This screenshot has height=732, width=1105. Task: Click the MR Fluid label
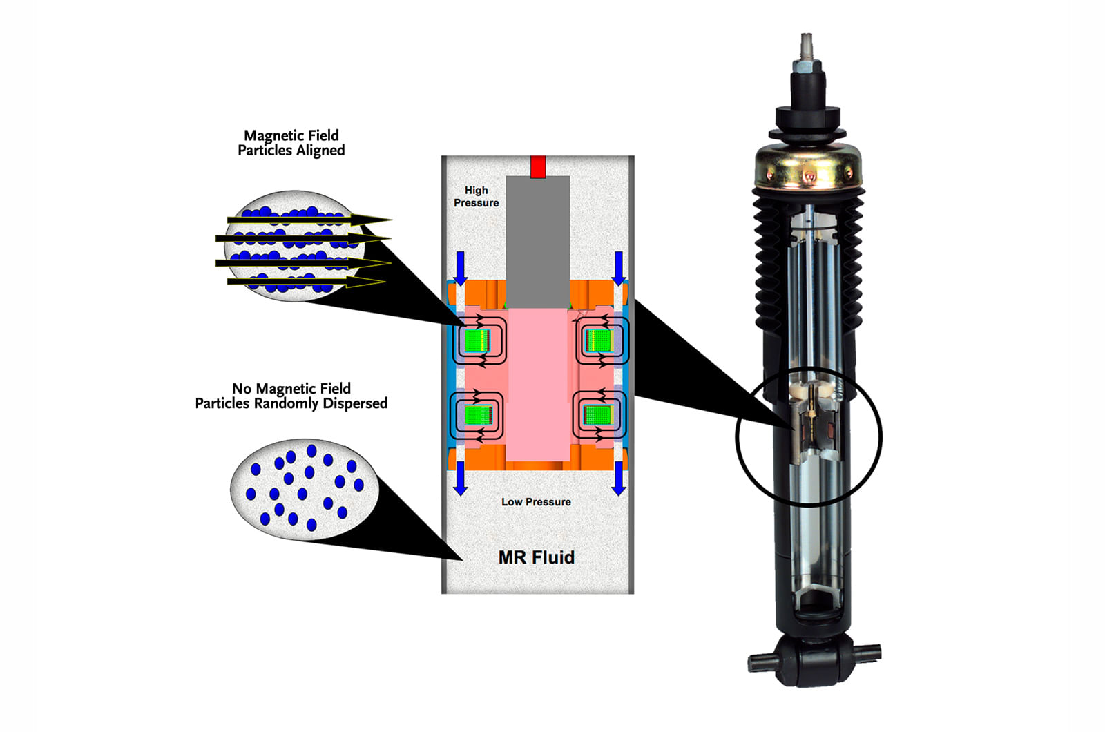(536, 557)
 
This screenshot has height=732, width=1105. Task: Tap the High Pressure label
(476, 196)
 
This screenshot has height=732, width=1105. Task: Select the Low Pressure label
(536, 502)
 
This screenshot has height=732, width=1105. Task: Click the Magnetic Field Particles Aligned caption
(291, 143)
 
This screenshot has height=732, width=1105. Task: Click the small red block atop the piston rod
(538, 167)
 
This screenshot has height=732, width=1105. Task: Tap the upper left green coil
(477, 340)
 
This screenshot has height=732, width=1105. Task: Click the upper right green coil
(599, 340)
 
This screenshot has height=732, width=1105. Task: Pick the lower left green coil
(477, 415)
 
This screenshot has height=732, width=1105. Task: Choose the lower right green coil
(598, 414)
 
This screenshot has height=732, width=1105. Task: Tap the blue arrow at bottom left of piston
(461, 478)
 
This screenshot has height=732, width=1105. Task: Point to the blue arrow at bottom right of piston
(619, 478)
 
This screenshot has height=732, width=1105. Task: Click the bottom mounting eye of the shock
(814, 659)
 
